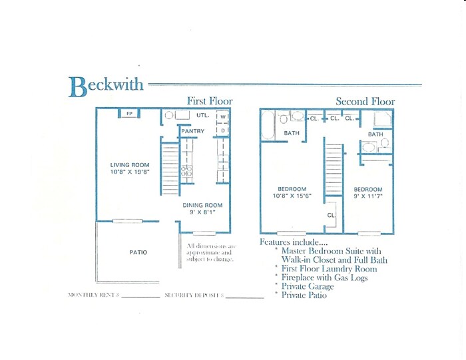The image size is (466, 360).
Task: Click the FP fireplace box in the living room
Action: click(129, 114)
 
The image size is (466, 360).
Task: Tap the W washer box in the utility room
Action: click(223, 118)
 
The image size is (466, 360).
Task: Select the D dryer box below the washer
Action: click(223, 130)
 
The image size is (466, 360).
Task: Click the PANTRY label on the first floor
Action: click(192, 132)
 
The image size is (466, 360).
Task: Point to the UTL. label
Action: click(203, 115)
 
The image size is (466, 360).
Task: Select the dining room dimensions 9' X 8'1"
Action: click(202, 213)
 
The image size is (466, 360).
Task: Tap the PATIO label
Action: click(137, 252)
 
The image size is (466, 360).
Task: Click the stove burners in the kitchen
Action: click(187, 173)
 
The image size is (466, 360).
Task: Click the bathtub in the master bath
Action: click(268, 125)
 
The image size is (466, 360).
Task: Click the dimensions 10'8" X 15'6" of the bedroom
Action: click(292, 196)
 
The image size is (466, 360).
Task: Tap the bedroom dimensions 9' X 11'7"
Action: click(368, 196)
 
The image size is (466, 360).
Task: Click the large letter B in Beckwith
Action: click(77, 87)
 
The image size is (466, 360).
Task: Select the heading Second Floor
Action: click(365, 102)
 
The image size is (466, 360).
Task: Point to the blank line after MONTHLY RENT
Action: click(140, 296)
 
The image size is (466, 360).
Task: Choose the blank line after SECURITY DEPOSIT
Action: click(244, 296)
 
